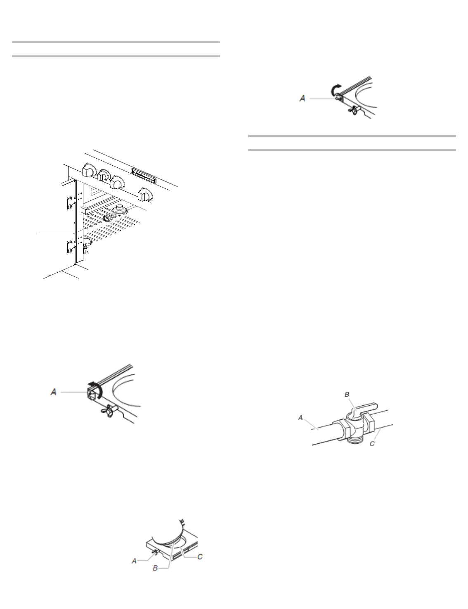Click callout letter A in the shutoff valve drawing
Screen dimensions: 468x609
click(x=300, y=418)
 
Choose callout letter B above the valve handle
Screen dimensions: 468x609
click(x=347, y=395)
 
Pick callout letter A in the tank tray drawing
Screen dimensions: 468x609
click(x=134, y=561)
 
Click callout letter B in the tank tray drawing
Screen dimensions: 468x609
click(x=155, y=568)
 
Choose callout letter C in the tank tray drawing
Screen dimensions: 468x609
click(x=200, y=557)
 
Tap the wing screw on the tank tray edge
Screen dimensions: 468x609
click(x=155, y=552)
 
